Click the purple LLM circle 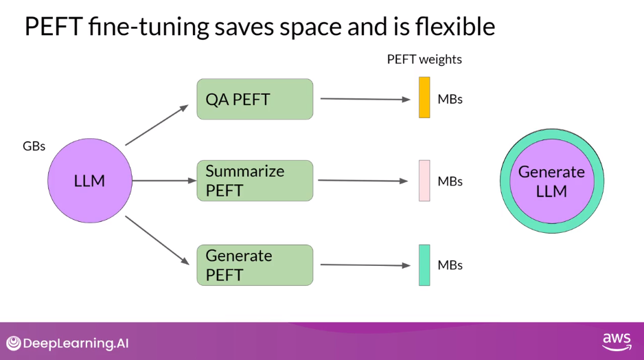point(89,181)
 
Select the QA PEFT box point(255,99)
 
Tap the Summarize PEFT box point(255,181)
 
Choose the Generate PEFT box point(255,265)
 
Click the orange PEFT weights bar point(424,98)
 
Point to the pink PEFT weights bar point(424,181)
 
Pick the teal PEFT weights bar point(424,265)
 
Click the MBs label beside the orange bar point(450,99)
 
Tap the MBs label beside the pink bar point(450,181)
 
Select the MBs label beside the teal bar point(450,265)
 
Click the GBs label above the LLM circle point(34,146)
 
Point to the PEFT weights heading point(424,59)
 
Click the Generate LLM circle point(551,181)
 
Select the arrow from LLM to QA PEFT point(157,125)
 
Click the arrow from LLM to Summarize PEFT point(164,181)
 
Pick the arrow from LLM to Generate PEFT point(157,240)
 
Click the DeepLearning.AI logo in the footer point(67,343)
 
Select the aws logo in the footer point(616,341)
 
